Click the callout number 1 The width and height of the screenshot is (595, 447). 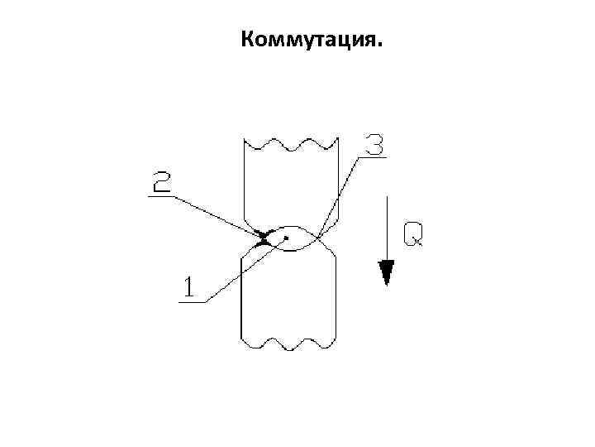[189, 286]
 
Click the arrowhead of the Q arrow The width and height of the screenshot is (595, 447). [385, 272]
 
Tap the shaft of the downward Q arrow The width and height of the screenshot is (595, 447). [385, 228]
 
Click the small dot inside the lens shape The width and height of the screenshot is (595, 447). [286, 238]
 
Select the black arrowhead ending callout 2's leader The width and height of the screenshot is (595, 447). [264, 237]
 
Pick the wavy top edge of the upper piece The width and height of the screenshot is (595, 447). [289, 146]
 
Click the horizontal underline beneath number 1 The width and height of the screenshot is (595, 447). [192, 301]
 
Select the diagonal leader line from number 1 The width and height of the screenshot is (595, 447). [240, 272]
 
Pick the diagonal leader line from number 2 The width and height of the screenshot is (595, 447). [215, 214]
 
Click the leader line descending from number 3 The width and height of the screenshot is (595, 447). [339, 195]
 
